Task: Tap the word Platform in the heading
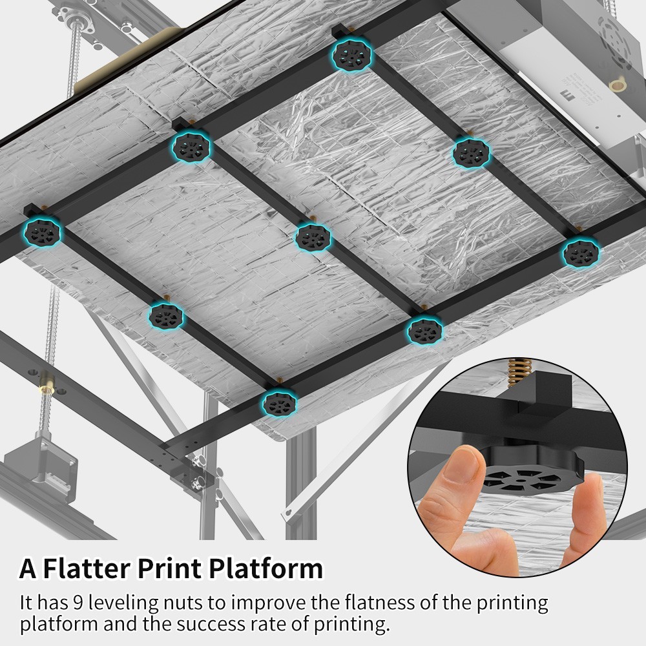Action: [266, 569]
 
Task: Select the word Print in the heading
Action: [169, 568]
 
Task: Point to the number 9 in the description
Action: [78, 603]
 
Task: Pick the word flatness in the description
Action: [380, 603]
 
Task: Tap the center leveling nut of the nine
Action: [313, 238]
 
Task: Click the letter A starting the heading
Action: [28, 568]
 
